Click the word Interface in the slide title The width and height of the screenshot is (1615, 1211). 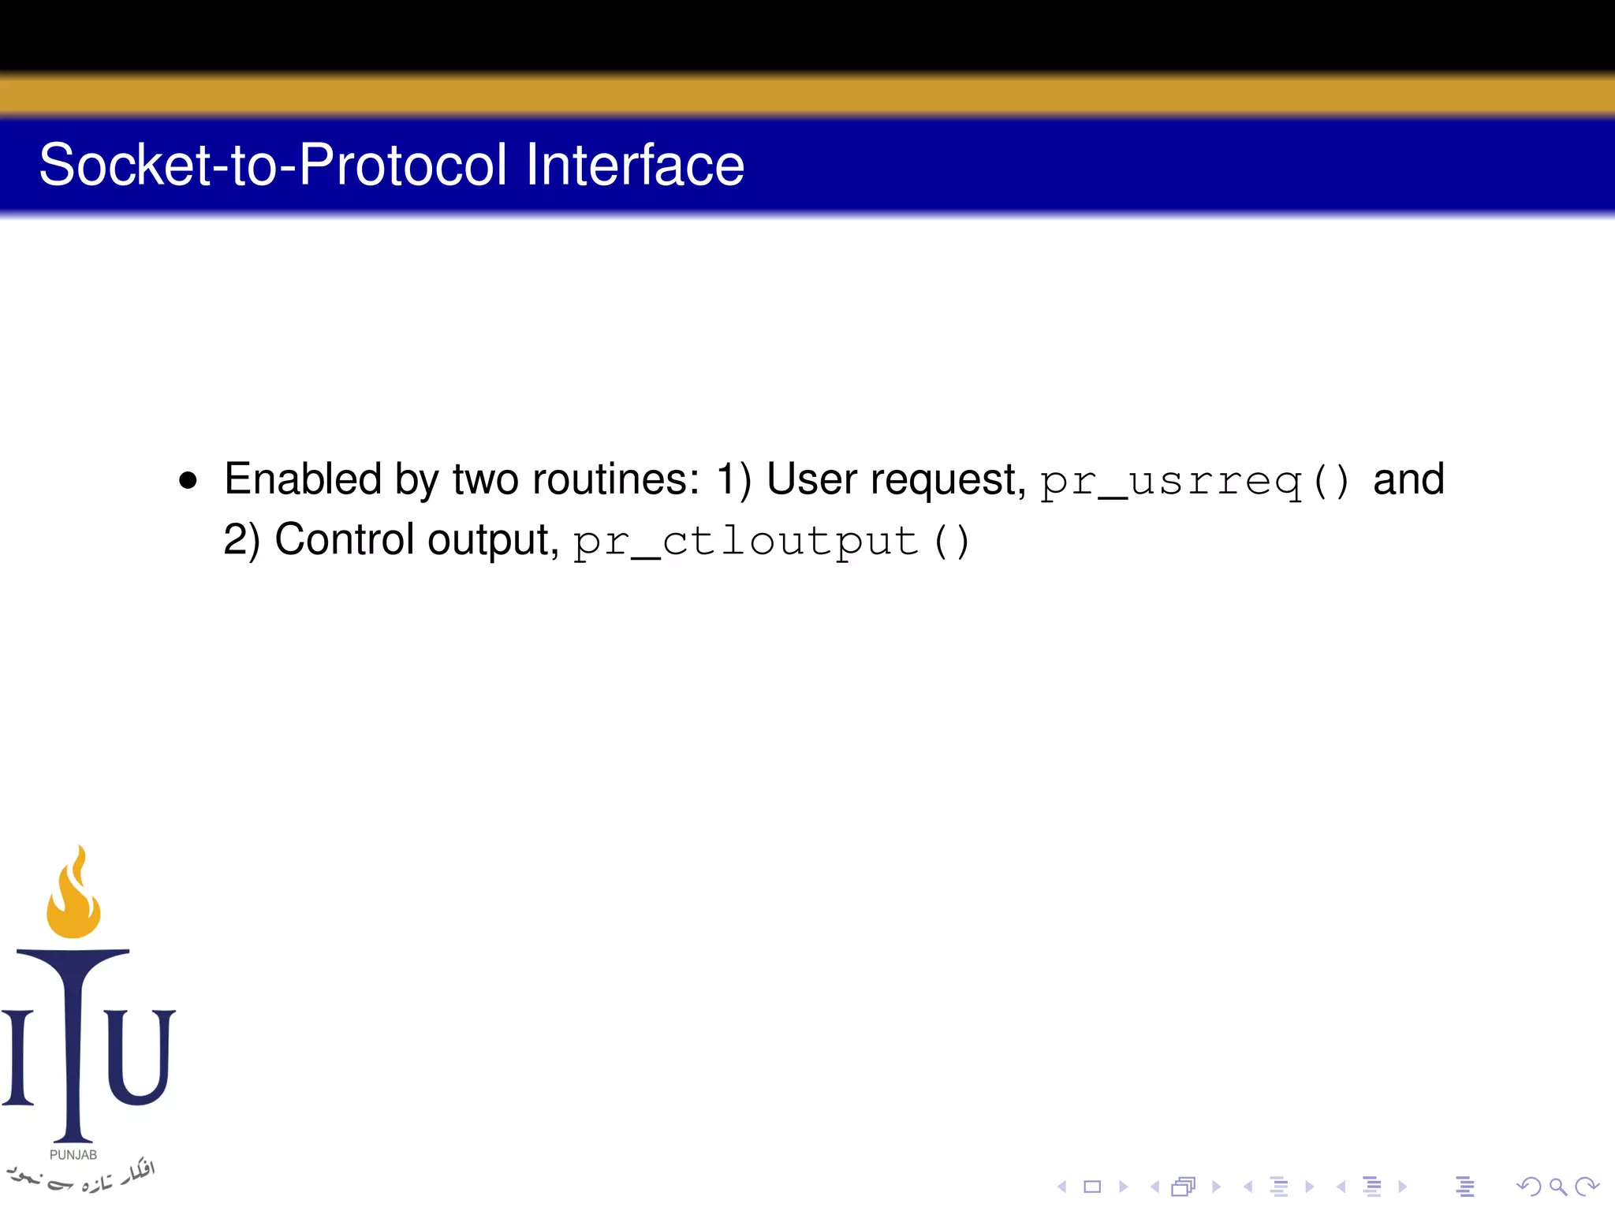(635, 165)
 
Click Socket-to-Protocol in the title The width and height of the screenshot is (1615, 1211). (272, 165)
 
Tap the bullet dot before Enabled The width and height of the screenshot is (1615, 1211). (188, 480)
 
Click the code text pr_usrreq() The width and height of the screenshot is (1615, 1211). (1195, 481)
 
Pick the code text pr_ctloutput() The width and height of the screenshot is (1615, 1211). (770, 542)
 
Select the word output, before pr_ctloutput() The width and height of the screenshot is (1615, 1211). (493, 541)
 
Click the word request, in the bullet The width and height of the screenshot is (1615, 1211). (948, 480)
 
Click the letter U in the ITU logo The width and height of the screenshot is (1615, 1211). (140, 1056)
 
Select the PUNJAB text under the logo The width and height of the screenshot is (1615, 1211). (73, 1154)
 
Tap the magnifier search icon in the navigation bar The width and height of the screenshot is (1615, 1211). (1557, 1187)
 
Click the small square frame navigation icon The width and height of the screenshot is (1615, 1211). (1092, 1187)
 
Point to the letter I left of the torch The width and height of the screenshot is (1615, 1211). (18, 1056)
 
